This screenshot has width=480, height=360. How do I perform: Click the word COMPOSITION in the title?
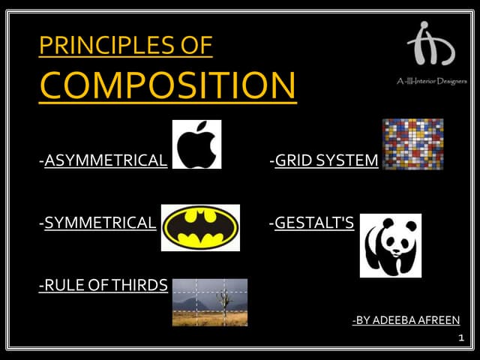tap(167, 85)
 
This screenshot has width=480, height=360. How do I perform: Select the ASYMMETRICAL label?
tap(106, 160)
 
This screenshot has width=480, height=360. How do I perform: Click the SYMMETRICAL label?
tap(100, 223)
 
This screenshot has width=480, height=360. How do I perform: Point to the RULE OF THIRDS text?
tap(103, 285)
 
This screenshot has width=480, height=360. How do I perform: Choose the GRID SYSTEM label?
tap(326, 160)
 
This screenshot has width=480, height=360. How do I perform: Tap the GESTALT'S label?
tap(314, 223)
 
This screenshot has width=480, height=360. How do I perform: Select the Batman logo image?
tap(200, 227)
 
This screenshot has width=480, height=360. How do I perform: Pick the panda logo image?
tap(390, 245)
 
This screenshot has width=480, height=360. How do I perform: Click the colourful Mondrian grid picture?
tap(412, 144)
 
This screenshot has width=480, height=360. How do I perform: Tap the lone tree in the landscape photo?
tap(223, 301)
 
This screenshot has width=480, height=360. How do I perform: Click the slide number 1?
tap(461, 339)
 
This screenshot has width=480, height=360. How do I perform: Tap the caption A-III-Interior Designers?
tap(431, 80)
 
